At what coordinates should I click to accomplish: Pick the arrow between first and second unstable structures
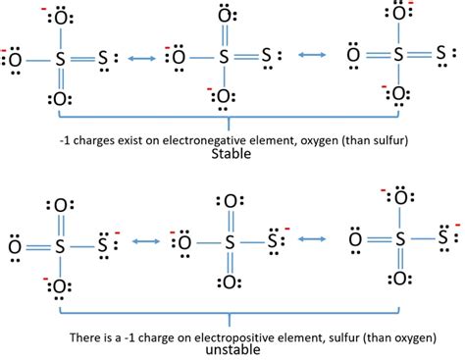[144, 239]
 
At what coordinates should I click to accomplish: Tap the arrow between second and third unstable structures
[313, 237]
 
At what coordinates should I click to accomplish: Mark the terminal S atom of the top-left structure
[105, 58]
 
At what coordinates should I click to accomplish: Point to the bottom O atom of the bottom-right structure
[398, 279]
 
